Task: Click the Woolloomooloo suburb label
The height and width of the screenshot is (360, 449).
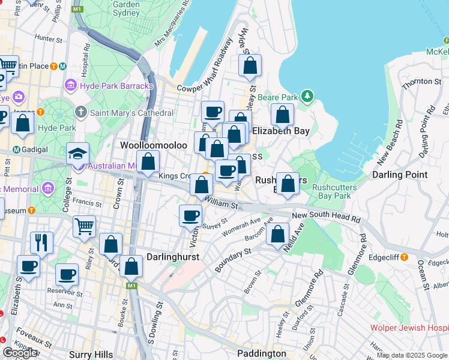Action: click(149, 146)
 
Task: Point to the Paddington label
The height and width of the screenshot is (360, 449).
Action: click(261, 353)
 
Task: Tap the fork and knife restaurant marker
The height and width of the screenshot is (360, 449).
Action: click(42, 242)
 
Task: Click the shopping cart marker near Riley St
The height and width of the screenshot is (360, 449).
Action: click(84, 226)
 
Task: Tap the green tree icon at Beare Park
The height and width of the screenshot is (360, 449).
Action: click(307, 96)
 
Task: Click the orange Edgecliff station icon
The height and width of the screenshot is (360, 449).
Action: click(404, 257)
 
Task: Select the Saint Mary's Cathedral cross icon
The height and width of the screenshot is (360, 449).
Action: click(81, 112)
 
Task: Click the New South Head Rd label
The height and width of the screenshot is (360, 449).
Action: click(327, 215)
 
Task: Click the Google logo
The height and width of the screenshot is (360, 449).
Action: click(20, 353)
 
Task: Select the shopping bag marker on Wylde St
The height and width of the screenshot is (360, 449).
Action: click(250, 65)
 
